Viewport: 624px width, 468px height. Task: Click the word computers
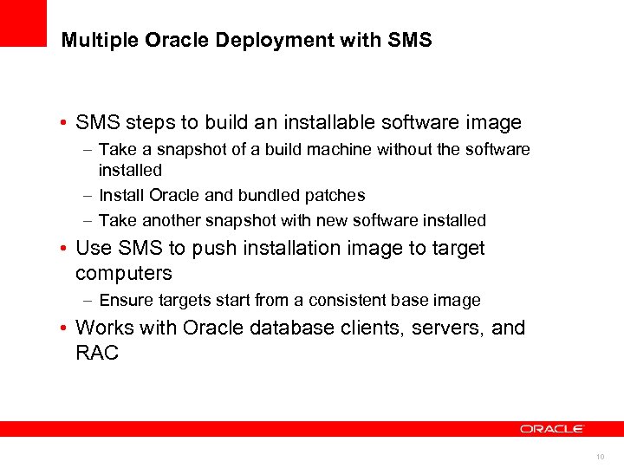(124, 274)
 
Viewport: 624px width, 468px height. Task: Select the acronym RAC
(97, 354)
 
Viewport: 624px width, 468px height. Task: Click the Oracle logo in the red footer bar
(552, 428)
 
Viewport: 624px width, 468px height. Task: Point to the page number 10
(600, 455)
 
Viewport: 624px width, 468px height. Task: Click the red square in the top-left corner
(23, 23)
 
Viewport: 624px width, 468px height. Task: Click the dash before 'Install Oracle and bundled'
(89, 196)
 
